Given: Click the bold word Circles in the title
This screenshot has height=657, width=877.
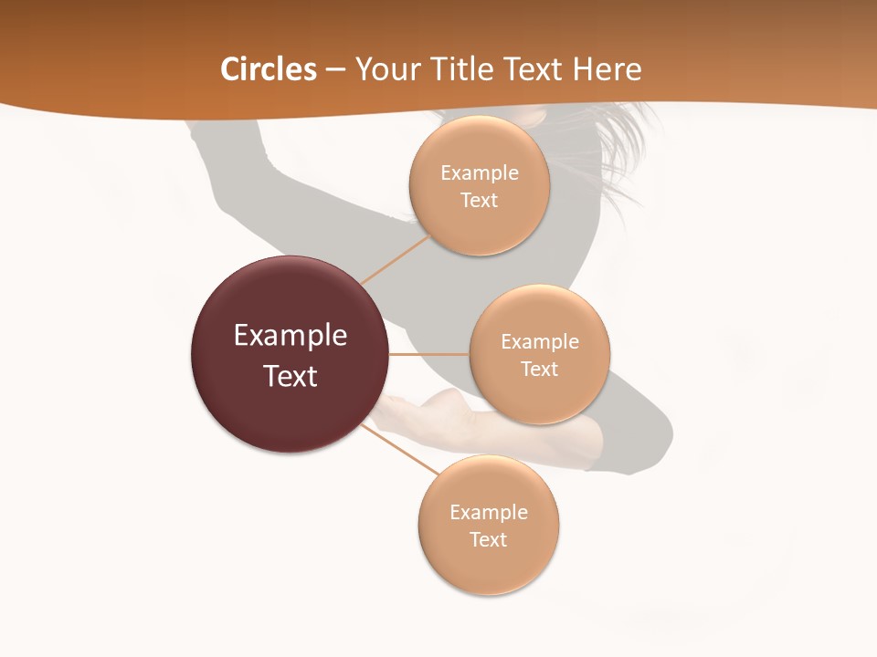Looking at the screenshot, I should click(269, 69).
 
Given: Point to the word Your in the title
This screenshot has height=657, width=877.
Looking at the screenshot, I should click(384, 69).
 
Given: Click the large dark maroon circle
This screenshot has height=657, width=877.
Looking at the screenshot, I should click(290, 354).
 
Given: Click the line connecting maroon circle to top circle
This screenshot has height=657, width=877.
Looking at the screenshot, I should click(395, 259).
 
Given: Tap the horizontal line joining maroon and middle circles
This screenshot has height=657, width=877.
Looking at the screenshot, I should click(428, 354).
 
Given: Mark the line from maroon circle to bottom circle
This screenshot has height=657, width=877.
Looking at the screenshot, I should click(399, 448).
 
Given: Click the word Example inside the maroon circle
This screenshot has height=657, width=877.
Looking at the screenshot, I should click(291, 336).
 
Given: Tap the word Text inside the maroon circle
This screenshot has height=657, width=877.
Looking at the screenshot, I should click(291, 376).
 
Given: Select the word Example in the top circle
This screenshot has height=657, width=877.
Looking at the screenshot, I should click(480, 173).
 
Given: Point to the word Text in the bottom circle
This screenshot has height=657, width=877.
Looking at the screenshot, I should click(488, 539).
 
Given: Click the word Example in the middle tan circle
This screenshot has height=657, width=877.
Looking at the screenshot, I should click(540, 342).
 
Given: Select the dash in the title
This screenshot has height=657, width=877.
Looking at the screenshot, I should click(335, 70).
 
